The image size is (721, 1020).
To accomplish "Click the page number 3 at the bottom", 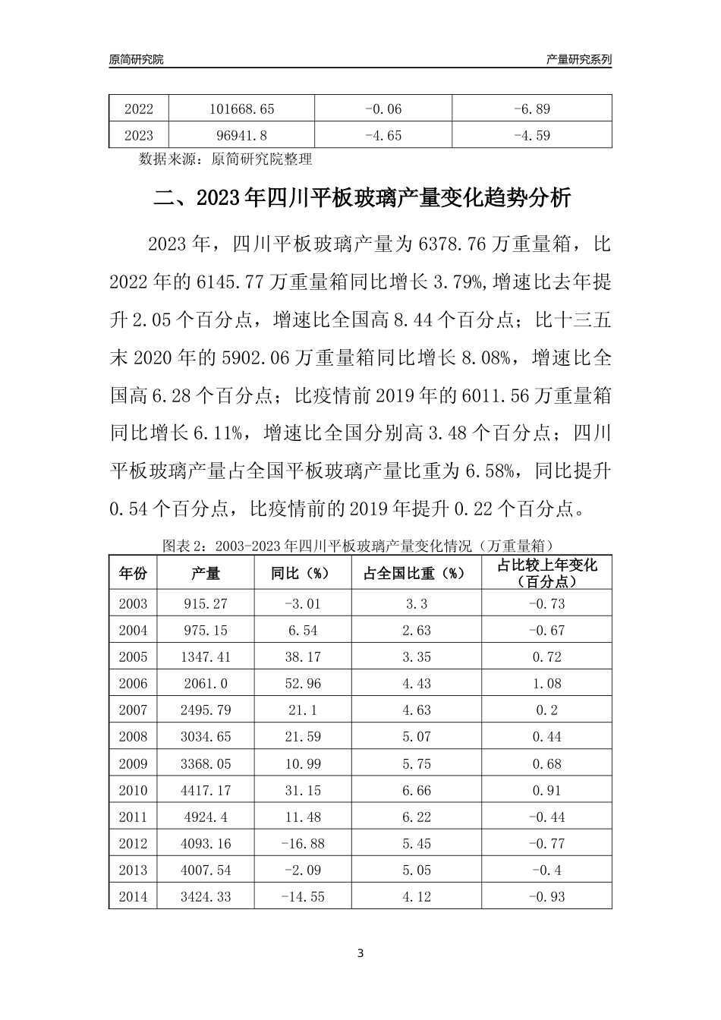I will (x=360, y=953).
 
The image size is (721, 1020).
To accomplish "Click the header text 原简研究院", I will (x=136, y=59).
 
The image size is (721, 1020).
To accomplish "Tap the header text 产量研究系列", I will (x=578, y=59).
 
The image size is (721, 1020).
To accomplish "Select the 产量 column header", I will (x=206, y=574).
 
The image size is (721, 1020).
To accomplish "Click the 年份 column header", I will (x=133, y=574).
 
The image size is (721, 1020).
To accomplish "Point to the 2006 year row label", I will (x=133, y=684).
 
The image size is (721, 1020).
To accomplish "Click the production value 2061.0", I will (x=206, y=684).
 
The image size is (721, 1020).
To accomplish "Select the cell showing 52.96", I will (x=302, y=684).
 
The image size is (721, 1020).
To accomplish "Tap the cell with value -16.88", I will (x=302, y=844).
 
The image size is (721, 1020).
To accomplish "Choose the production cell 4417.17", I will (x=206, y=791).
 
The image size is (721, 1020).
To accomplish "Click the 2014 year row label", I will (x=133, y=897).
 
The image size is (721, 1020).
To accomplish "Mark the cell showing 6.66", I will (x=416, y=791).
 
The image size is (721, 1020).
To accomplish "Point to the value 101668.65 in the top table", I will (x=241, y=109).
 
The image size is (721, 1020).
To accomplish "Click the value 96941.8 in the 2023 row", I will (x=241, y=136).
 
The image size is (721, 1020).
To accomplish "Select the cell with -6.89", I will (x=531, y=109).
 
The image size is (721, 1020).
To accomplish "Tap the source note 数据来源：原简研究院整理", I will (x=225, y=159).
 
